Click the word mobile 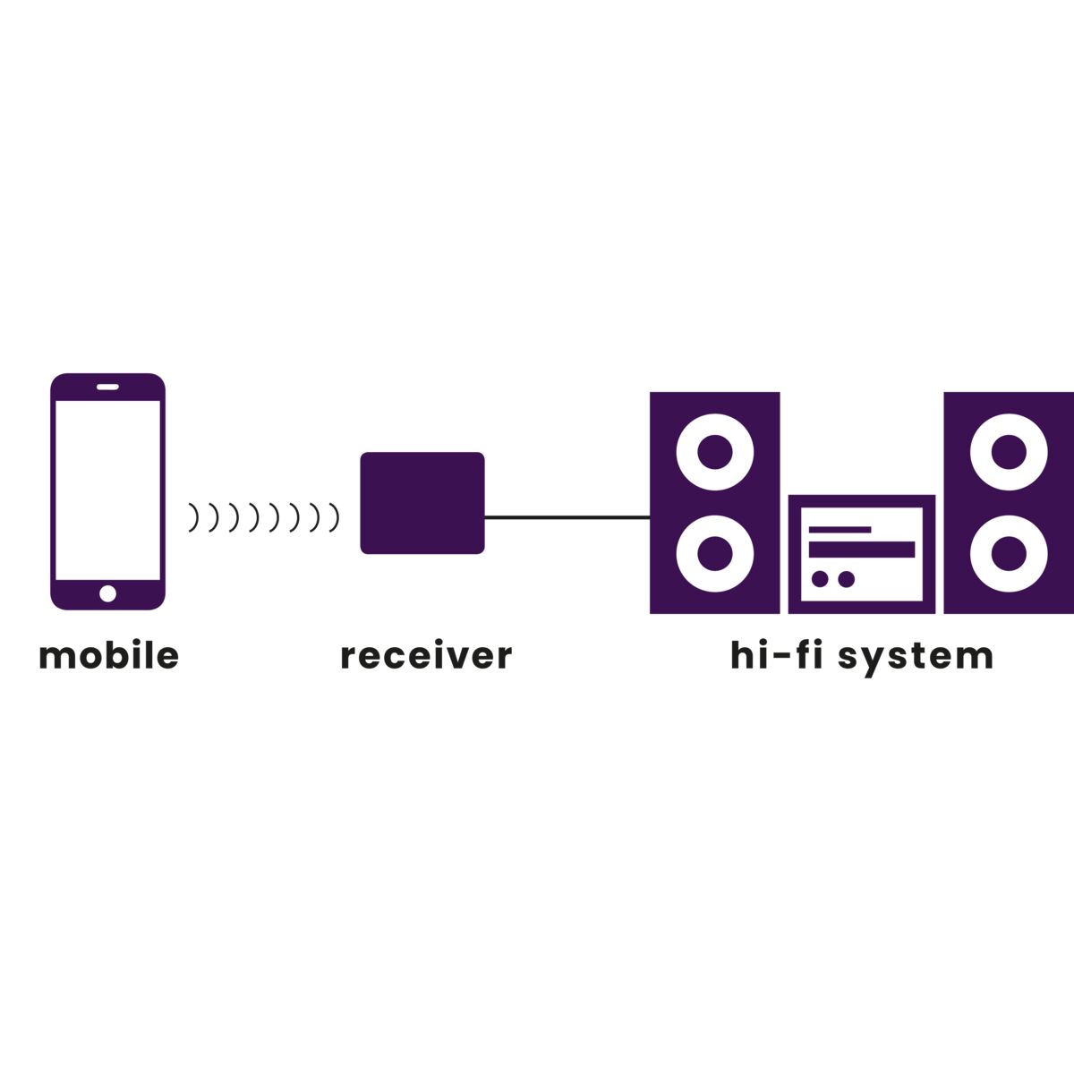tap(108, 656)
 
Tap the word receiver tap(426, 656)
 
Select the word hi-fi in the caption tap(780, 655)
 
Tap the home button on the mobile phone tap(107, 593)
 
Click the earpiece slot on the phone tap(107, 387)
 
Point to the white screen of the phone tap(107, 490)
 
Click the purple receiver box tap(422, 502)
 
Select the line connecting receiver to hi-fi tap(567, 516)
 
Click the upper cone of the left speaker tap(714, 452)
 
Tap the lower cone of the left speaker tap(714, 553)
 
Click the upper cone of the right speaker tap(1009, 452)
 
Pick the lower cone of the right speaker tap(1009, 553)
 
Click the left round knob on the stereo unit tap(820, 579)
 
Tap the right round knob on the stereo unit tap(846, 579)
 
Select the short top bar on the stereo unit tap(840, 529)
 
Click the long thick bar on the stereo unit tap(861, 550)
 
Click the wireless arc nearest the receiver tap(336, 517)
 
